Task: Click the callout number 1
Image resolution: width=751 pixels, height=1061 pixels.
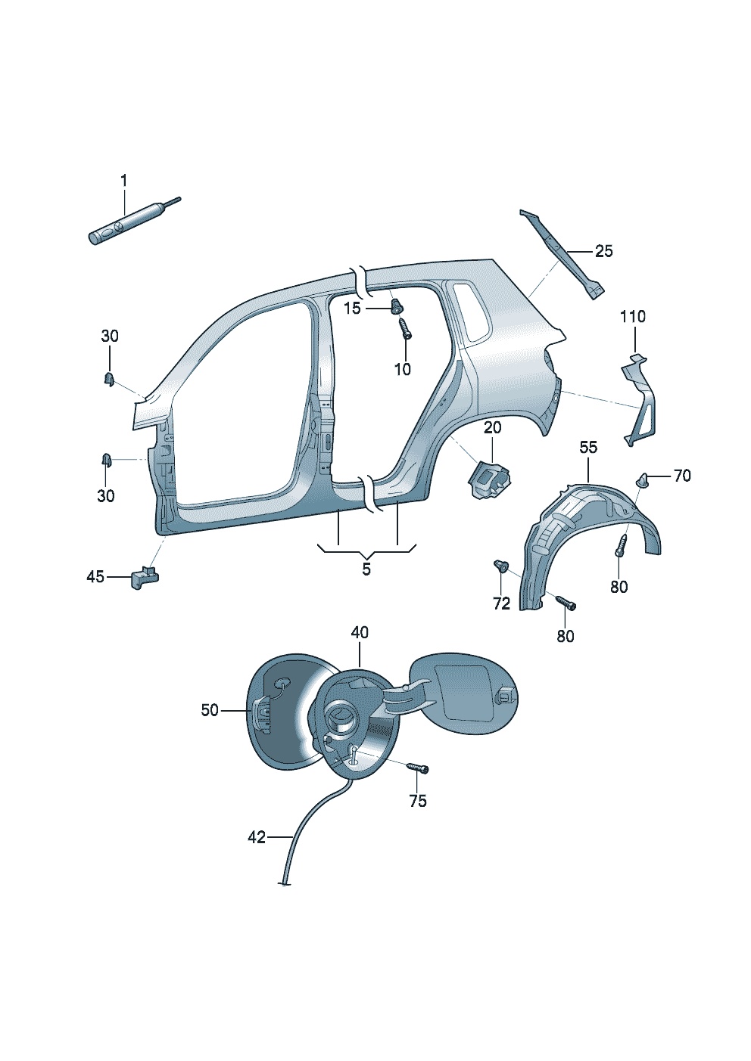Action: tap(124, 181)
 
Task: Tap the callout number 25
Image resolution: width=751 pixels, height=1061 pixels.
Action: tap(603, 251)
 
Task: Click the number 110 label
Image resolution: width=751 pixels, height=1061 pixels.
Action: tap(633, 317)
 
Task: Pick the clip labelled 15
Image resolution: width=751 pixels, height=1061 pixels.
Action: tap(395, 306)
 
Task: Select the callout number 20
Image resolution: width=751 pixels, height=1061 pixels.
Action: tap(492, 429)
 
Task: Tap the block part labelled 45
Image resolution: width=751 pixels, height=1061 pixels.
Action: tap(145, 579)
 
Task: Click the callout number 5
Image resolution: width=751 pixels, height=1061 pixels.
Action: tap(366, 569)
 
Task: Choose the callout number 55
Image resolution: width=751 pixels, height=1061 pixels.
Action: tap(588, 448)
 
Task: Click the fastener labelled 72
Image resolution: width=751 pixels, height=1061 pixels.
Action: tap(500, 566)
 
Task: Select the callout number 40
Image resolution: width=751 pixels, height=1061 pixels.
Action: tap(360, 632)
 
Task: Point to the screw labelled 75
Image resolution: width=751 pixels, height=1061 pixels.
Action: tap(417, 768)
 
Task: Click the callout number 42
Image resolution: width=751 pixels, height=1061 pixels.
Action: tap(257, 837)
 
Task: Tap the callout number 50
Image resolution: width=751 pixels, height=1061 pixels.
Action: tap(210, 710)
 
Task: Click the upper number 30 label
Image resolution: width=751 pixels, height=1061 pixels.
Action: tap(110, 337)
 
